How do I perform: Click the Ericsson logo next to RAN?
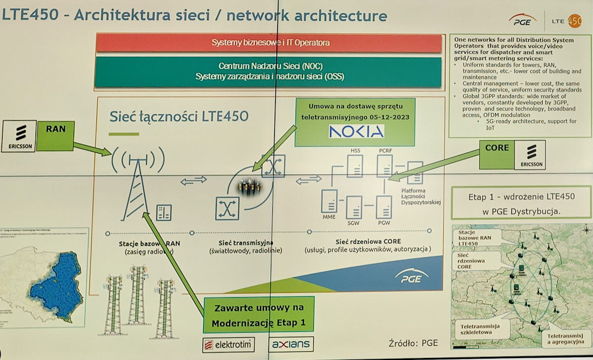coord(18,135)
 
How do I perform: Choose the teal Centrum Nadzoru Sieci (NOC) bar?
coord(269,72)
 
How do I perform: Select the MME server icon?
coord(329,201)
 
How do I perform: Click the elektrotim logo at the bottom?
coord(228,344)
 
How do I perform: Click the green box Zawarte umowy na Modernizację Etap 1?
coord(259,315)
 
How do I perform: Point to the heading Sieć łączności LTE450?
coord(179,117)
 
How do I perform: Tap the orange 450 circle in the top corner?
coord(574,21)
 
